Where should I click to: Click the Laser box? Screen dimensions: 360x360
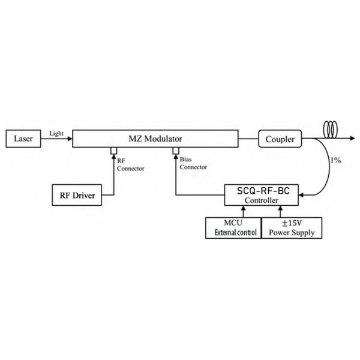pyautogui.click(x=23, y=139)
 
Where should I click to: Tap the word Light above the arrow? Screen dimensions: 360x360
pyautogui.click(x=56, y=133)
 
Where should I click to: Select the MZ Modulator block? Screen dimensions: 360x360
pyautogui.click(x=155, y=139)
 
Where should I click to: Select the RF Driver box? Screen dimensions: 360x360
pyautogui.click(x=76, y=195)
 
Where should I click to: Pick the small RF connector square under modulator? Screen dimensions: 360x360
pyautogui.click(x=113, y=149)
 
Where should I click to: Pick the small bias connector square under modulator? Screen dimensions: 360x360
pyautogui.click(x=176, y=149)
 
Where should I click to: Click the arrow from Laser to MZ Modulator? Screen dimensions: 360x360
pyautogui.click(x=57, y=139)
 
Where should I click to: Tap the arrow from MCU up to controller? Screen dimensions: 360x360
pyautogui.click(x=244, y=211)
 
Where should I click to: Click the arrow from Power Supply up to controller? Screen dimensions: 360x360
pyautogui.click(x=280, y=211)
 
